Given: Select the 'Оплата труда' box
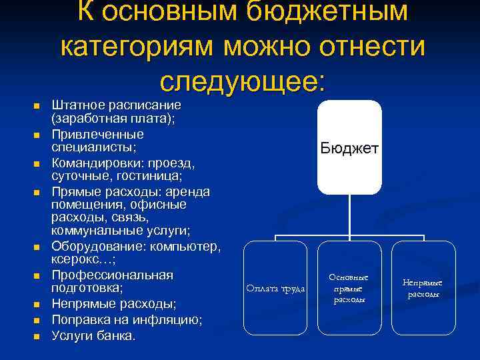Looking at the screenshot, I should [275, 288].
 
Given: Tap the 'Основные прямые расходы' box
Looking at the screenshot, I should [349, 288].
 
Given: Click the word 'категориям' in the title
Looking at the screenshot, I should [139, 47].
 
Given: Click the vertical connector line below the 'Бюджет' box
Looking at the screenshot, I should [349, 216].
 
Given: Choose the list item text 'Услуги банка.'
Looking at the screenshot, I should [93, 336].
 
